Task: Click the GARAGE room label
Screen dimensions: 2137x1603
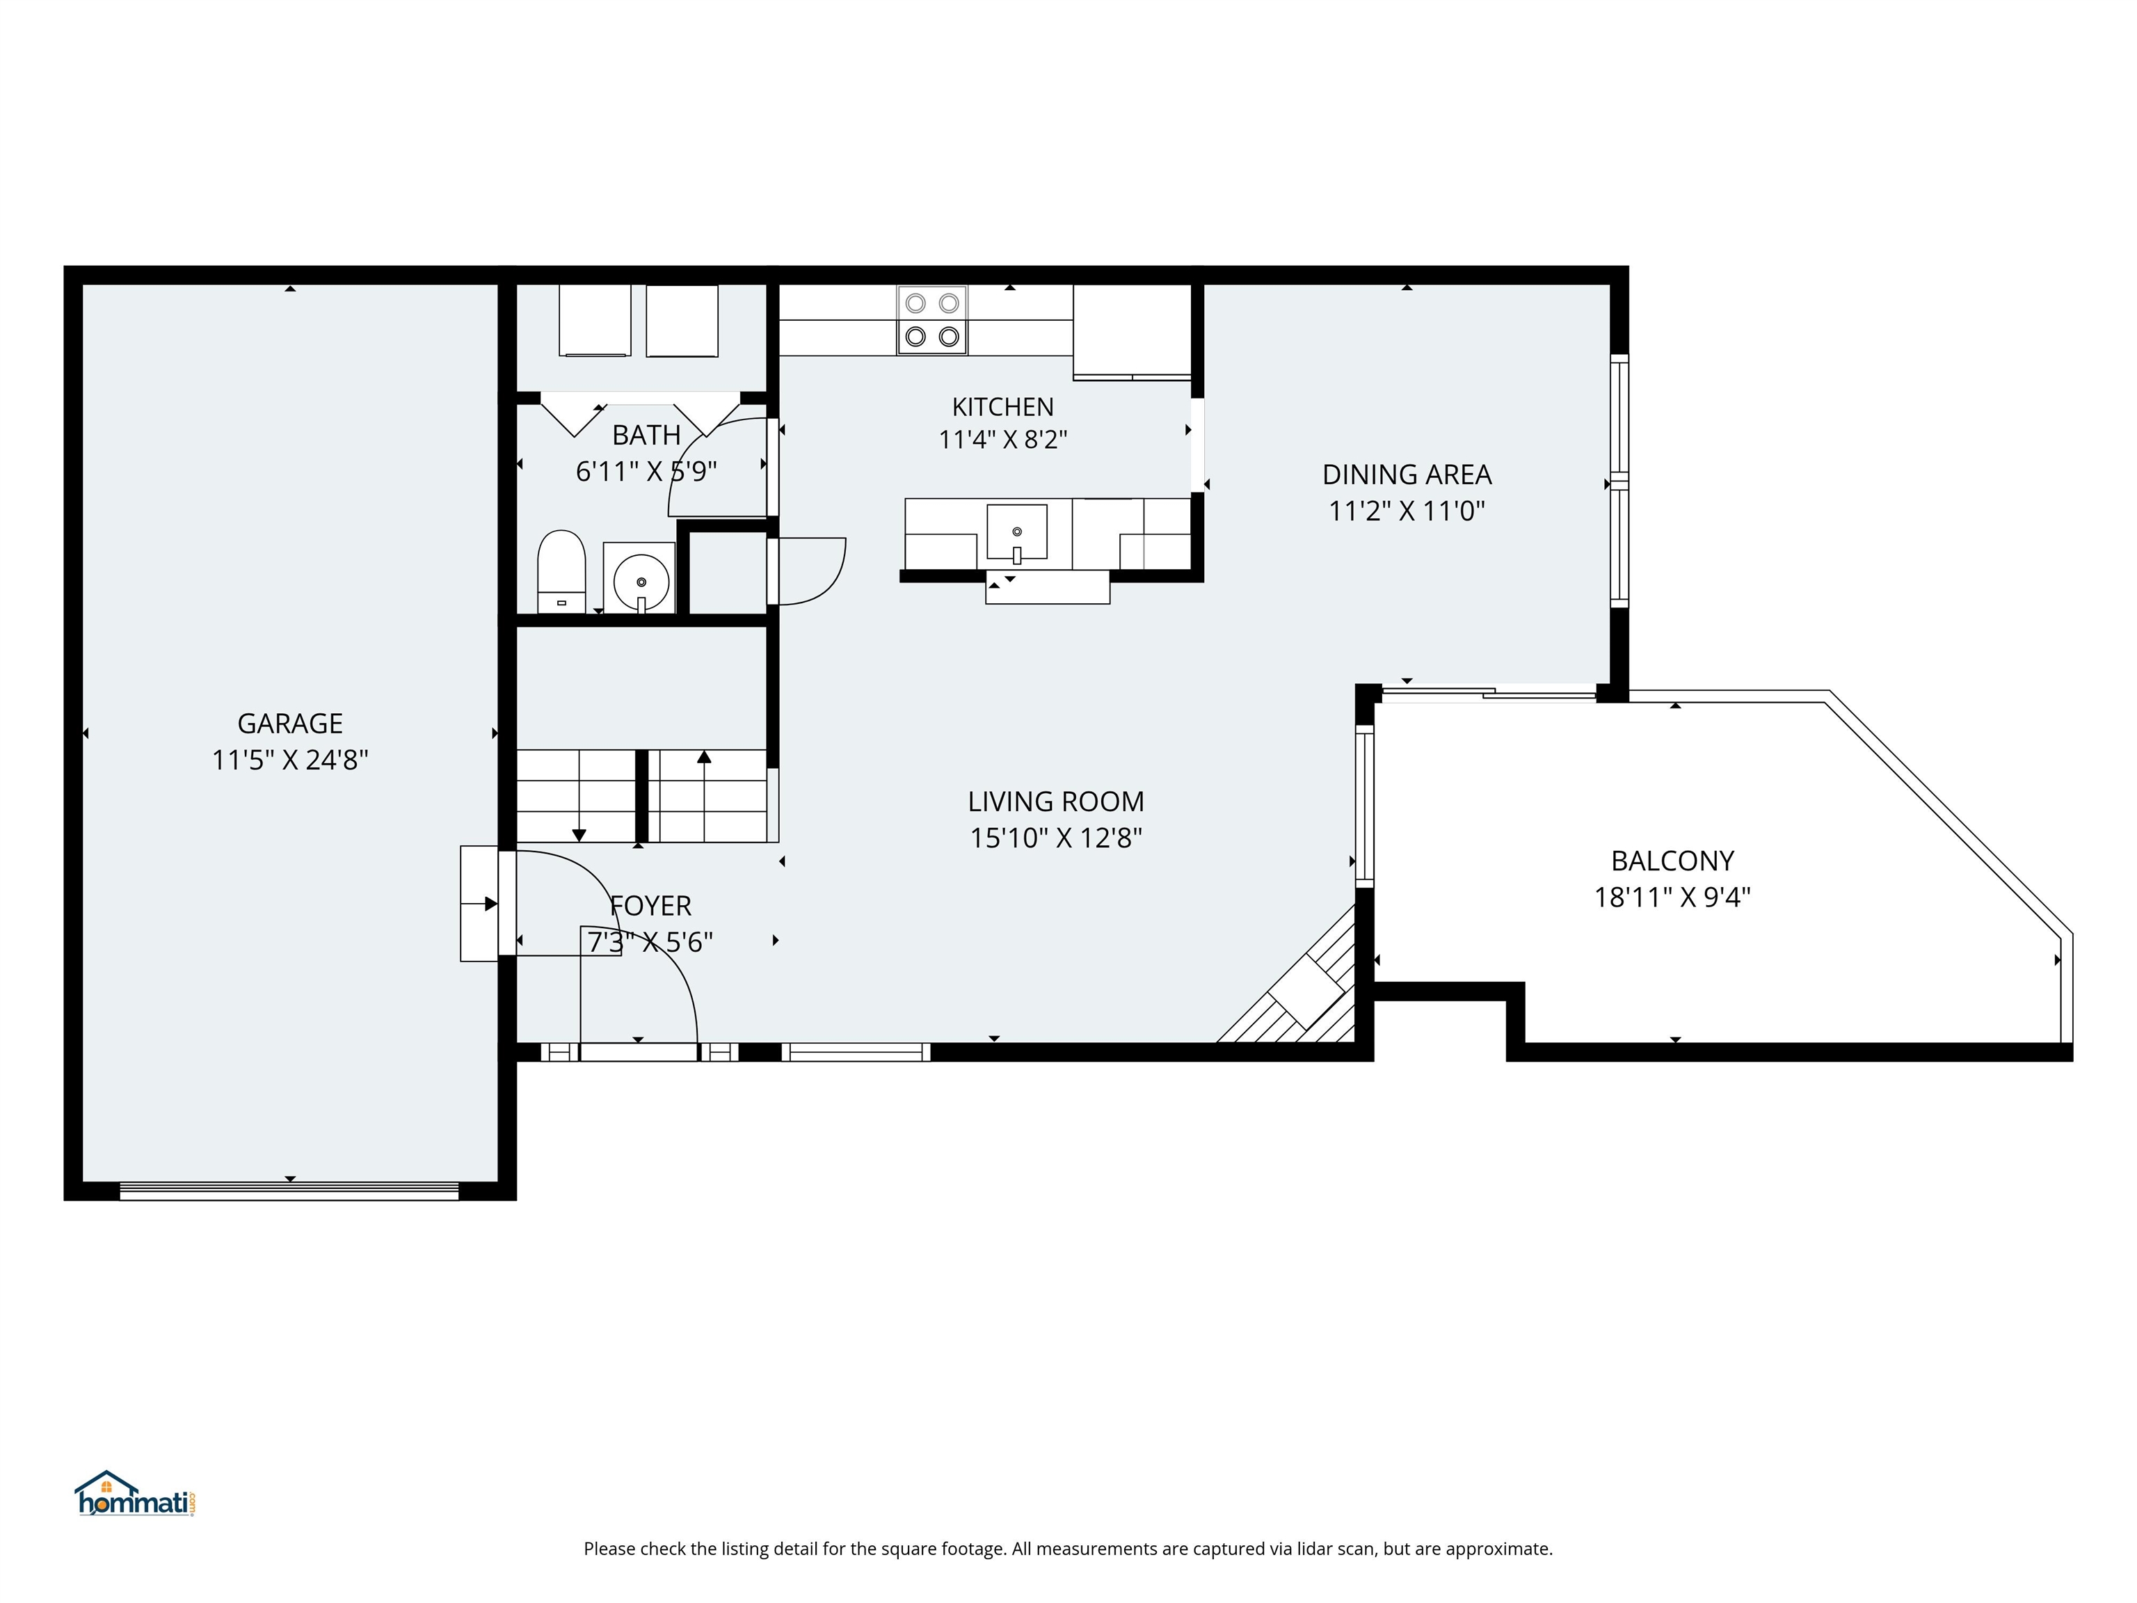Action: (x=290, y=724)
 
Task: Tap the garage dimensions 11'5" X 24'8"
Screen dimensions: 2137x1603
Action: (x=290, y=760)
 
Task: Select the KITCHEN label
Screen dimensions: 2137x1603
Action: (x=1003, y=407)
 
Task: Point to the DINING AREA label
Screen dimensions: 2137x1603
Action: (x=1407, y=474)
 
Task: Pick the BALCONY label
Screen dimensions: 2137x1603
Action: (x=1672, y=860)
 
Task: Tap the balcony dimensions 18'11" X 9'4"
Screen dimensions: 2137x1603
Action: (x=1672, y=897)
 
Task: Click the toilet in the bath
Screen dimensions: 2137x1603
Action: (x=561, y=571)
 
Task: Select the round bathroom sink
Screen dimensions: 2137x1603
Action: (x=641, y=582)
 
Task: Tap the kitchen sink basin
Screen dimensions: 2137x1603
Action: (x=1016, y=532)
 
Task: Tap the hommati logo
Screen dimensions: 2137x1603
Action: (x=135, y=1494)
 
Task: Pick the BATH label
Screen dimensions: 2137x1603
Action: (x=646, y=435)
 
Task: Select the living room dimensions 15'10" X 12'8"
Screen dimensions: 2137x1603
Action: (x=1056, y=838)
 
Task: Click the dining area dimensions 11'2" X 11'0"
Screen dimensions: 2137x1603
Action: (x=1407, y=511)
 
